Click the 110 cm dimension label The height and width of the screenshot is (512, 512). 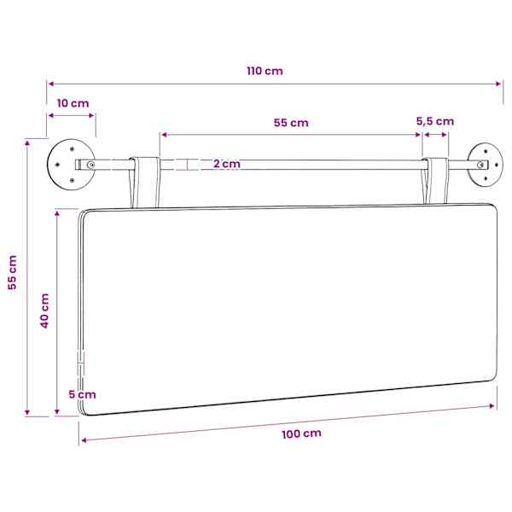(265, 71)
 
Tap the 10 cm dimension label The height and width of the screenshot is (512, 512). (73, 103)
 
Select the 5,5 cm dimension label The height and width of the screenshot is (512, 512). (435, 121)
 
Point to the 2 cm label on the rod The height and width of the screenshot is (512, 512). (227, 164)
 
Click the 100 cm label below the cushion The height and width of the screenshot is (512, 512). (302, 434)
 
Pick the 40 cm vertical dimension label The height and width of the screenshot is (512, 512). (44, 311)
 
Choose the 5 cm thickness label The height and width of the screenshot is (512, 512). (82, 394)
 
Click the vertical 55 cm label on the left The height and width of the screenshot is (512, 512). (13, 272)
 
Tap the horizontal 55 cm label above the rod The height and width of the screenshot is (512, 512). (291, 123)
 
